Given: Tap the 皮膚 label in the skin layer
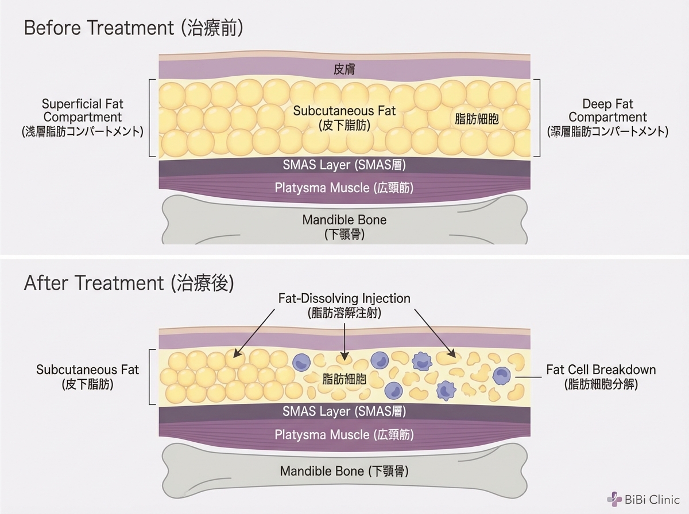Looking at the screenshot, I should click(x=344, y=69).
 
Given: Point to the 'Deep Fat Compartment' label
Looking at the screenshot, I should click(x=607, y=117).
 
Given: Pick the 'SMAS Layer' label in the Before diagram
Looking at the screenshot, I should click(x=345, y=165).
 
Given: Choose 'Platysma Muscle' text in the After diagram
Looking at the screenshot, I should click(x=344, y=434).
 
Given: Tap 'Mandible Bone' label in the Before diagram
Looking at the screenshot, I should click(x=344, y=227).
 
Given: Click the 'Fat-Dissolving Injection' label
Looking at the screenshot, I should click(x=344, y=305).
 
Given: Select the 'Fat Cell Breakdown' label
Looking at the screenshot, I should click(x=601, y=376).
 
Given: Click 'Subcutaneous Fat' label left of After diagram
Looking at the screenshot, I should click(x=87, y=376).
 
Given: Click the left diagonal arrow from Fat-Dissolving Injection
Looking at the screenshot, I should click(x=254, y=332).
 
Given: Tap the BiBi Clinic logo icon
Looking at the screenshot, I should click(x=615, y=499).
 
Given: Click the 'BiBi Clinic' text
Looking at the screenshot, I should click(x=653, y=499).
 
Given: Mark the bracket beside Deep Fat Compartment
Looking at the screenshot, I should click(x=539, y=118).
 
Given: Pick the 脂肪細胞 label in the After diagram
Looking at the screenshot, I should click(x=344, y=379).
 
